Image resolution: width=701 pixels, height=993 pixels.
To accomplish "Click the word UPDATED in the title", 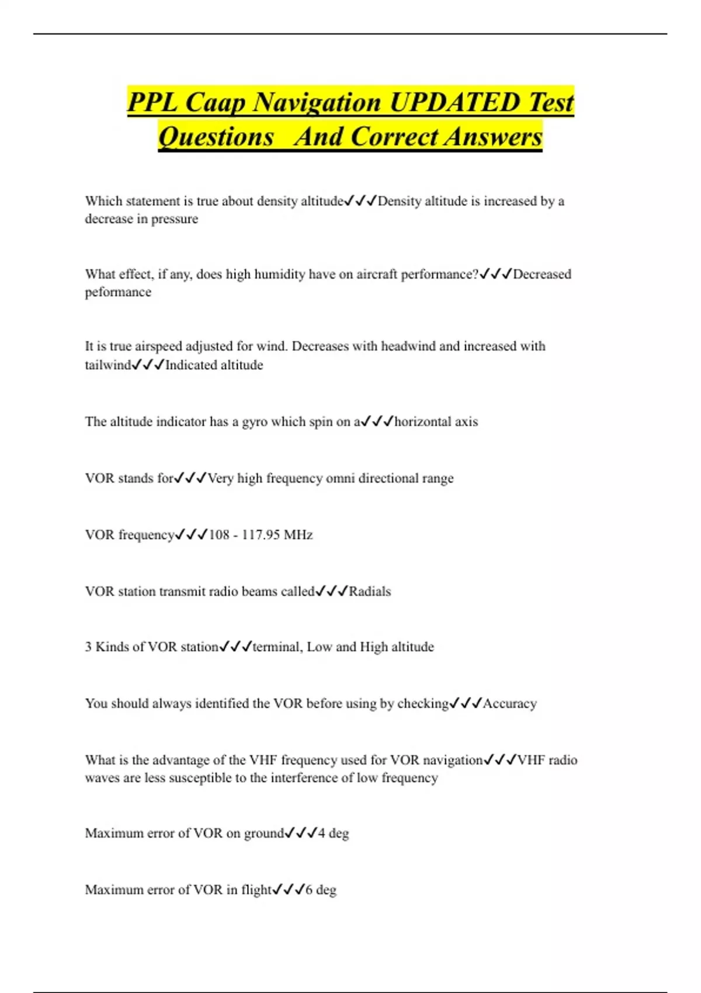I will [x=455, y=102].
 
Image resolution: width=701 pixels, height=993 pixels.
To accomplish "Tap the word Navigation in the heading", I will [x=318, y=102].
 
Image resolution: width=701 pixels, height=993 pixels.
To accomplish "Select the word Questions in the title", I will [x=216, y=137].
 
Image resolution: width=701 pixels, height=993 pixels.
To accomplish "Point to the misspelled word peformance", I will [x=118, y=292].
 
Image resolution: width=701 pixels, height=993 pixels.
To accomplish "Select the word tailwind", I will [x=108, y=365].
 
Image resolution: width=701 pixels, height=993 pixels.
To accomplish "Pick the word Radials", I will [x=370, y=592].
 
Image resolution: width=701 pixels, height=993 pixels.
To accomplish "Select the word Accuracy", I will [x=509, y=704].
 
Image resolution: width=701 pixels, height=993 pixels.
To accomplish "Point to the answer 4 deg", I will [x=333, y=834].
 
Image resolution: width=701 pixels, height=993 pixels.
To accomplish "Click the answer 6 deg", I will [x=321, y=890].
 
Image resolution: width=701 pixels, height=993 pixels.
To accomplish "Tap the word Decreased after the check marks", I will [x=542, y=274].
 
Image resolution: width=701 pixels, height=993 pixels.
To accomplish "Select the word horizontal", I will [x=423, y=422].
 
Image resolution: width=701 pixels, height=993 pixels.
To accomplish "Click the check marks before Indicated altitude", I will [x=148, y=365].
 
